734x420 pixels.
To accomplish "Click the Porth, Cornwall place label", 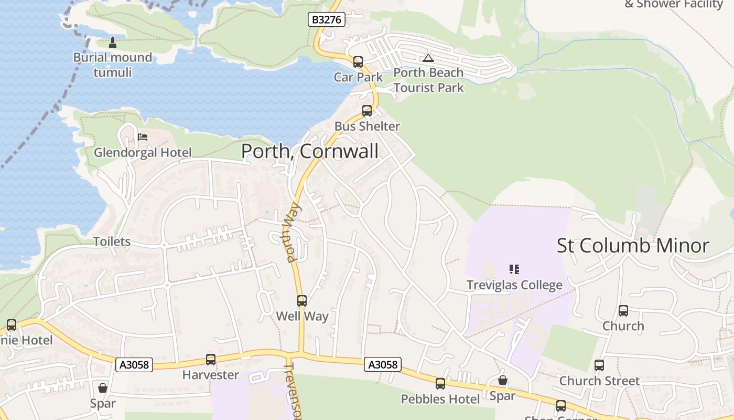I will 309,151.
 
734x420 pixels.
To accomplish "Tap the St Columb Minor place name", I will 633,246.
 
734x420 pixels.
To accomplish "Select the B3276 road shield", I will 326,20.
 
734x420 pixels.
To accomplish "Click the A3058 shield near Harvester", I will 134,364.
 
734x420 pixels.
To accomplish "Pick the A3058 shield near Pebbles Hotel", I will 383,364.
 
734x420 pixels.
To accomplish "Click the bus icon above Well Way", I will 302,301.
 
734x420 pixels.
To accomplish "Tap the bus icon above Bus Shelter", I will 367,111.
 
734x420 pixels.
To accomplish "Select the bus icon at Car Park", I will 358,62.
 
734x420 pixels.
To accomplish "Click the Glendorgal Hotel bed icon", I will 143,137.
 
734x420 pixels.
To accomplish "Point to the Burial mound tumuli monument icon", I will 112,42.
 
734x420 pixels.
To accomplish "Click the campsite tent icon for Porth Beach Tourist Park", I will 428,58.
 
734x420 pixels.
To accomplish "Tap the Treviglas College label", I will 514,285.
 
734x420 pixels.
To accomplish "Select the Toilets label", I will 112,241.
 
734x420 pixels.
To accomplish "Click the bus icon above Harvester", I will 211,360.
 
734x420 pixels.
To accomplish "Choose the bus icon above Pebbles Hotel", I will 440,384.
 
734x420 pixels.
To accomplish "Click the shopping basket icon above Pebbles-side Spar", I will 503,380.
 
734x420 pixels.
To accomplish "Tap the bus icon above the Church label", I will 623,311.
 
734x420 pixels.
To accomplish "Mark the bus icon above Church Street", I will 599,365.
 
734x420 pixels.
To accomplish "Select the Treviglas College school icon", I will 514,269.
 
